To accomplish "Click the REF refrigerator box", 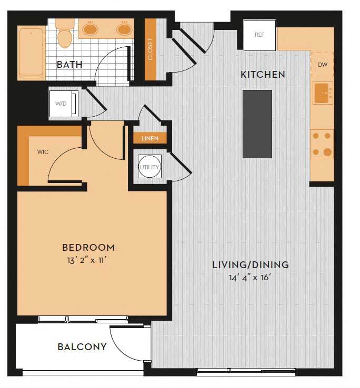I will (259, 35).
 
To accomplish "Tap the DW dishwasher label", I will (323, 65).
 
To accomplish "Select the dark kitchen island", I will (257, 124).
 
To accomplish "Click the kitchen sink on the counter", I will (322, 93).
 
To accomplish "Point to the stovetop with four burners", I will (322, 144).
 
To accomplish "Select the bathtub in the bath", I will (31, 53).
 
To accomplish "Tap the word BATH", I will (69, 65).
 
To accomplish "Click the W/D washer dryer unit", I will (63, 103).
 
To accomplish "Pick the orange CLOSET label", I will (151, 49).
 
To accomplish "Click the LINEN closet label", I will (150, 138).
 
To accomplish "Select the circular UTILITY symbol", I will (149, 167).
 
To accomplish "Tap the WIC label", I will (43, 151).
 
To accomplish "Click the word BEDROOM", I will (88, 247).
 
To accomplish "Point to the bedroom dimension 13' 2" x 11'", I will (88, 259).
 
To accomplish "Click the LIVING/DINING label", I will (250, 264).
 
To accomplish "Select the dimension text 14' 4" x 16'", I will (250, 277).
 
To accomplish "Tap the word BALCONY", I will (82, 347).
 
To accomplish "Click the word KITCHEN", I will (263, 74).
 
